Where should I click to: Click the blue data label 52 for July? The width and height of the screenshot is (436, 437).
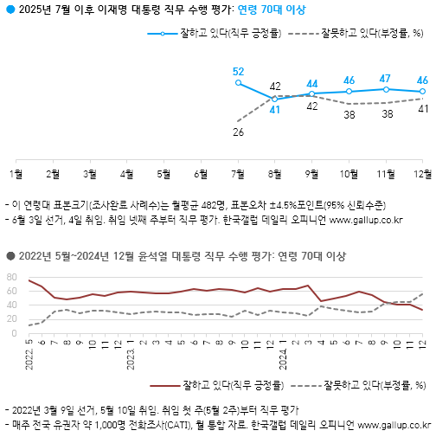click(238, 71)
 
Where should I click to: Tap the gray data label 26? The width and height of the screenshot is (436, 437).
click(238, 132)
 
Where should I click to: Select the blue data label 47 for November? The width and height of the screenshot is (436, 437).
click(386, 78)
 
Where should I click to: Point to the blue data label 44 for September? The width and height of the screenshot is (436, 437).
click(312, 84)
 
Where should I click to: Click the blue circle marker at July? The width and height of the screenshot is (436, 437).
click(238, 82)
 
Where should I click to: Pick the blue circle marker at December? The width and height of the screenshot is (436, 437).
click(422, 91)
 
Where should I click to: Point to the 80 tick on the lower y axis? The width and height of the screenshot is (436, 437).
click(13, 277)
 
